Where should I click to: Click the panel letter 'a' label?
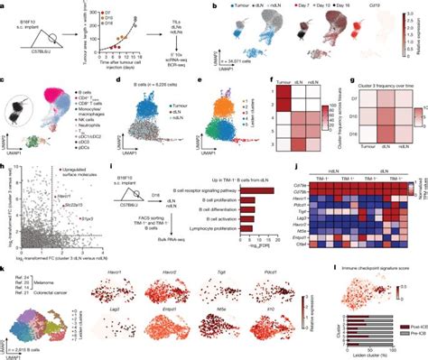coord(4,5)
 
